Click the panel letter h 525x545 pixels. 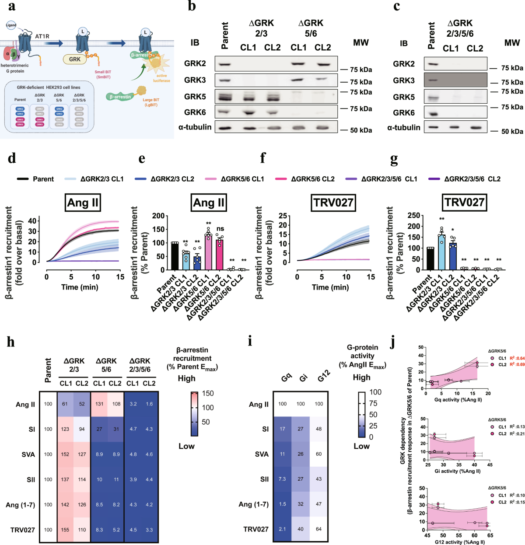[11, 342]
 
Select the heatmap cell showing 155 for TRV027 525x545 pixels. [65, 530]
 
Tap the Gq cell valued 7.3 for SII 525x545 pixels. [283, 479]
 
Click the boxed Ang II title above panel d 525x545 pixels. [83, 203]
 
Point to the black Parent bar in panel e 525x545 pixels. [175, 256]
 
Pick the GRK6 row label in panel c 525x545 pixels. [403, 112]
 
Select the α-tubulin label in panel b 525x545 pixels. [195, 127]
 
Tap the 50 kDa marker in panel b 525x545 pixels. [360, 130]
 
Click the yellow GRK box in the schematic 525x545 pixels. [75, 59]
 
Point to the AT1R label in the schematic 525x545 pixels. [42, 36]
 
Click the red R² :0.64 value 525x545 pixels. [517, 358]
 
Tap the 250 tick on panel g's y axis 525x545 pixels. [414, 215]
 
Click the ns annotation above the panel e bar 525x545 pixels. [220, 229]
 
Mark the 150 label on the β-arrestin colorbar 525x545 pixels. [208, 393]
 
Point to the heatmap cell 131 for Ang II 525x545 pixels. [99, 404]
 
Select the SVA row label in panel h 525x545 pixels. [28, 454]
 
